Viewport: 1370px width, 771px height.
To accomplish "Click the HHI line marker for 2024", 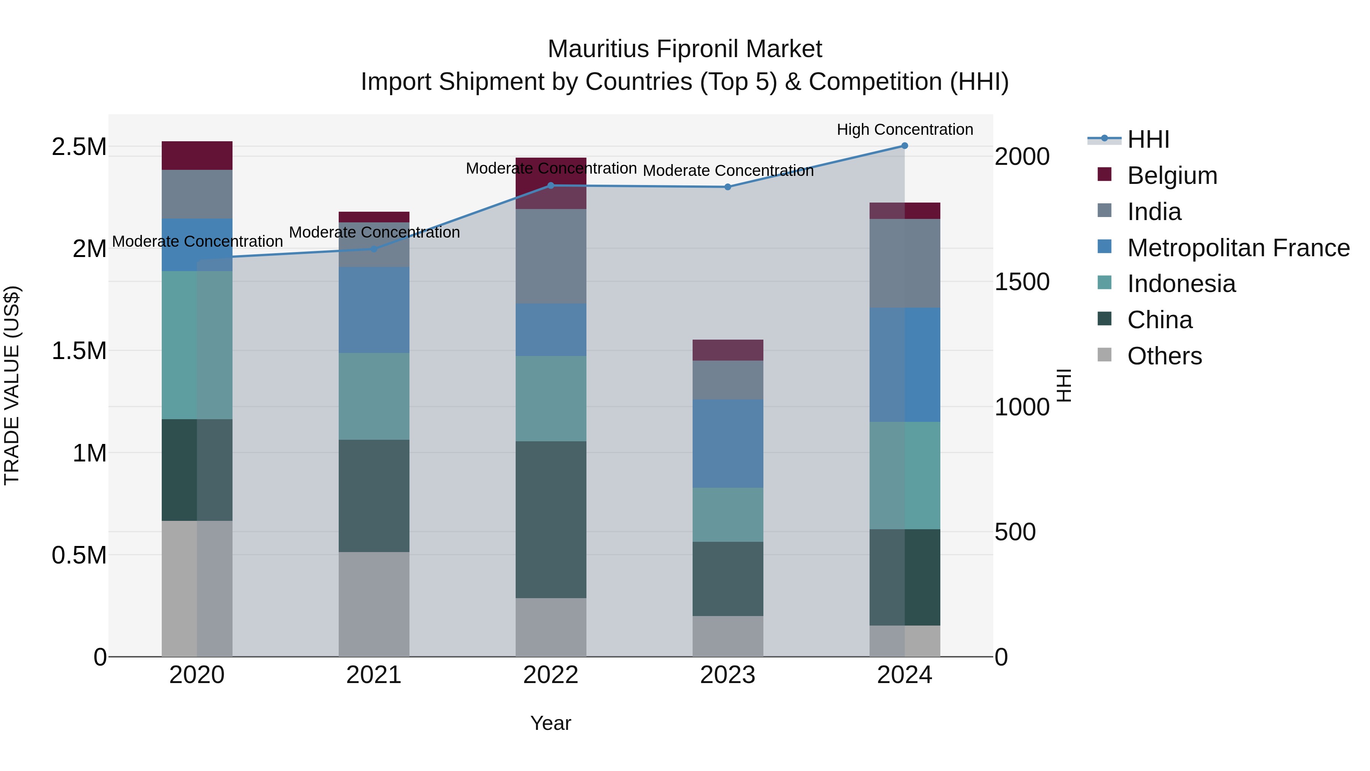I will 905,146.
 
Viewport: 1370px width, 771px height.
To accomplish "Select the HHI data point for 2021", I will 374,249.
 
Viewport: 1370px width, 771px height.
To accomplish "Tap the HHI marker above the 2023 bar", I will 728,187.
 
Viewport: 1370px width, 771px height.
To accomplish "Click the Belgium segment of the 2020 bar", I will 197,155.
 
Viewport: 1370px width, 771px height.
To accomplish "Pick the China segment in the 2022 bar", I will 551,519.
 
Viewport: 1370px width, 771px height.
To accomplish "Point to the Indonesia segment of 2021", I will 374,396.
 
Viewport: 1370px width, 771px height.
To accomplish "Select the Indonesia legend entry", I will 1181,284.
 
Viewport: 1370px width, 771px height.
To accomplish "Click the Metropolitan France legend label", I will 1238,248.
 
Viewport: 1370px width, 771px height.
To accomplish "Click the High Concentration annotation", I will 905,129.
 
